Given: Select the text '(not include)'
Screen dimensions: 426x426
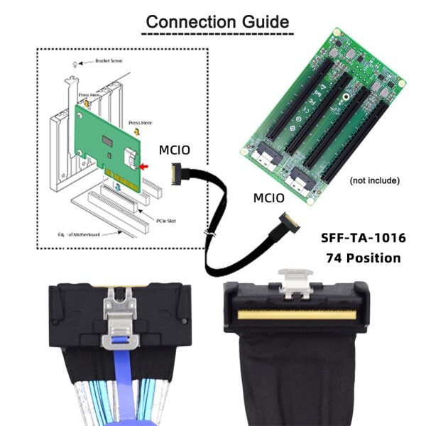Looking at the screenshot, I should [375, 181].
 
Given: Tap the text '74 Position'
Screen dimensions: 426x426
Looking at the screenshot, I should [363, 258].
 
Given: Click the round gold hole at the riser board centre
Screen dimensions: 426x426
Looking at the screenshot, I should [346, 100].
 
